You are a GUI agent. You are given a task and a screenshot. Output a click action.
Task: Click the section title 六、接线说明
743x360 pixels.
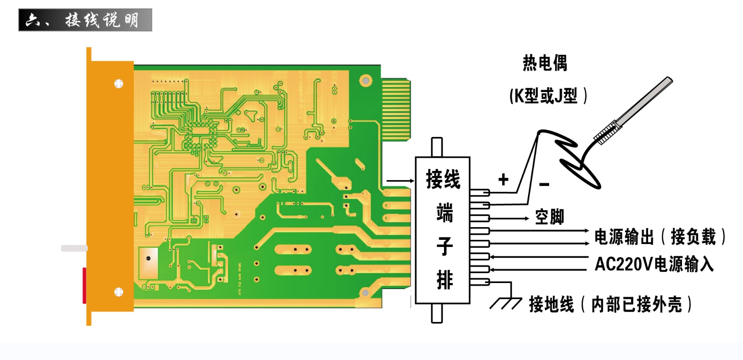(x=85, y=20)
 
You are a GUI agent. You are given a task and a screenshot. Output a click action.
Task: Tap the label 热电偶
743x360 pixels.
(x=545, y=63)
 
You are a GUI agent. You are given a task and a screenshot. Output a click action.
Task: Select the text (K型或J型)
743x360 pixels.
(x=548, y=96)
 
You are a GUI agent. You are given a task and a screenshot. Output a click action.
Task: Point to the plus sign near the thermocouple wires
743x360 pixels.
(x=504, y=179)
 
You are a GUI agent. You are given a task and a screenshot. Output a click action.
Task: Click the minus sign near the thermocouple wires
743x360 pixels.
(x=544, y=184)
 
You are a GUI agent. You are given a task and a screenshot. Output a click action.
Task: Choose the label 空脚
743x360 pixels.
(x=549, y=217)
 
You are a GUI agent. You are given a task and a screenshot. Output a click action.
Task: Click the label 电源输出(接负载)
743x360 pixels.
(x=659, y=237)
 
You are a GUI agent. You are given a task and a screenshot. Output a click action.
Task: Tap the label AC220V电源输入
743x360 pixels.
(x=654, y=264)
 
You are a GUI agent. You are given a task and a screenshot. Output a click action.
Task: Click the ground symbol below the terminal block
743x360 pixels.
(x=506, y=303)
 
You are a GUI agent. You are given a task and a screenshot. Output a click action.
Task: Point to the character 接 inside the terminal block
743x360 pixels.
(x=434, y=179)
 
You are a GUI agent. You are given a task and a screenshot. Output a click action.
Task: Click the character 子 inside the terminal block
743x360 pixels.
(x=444, y=246)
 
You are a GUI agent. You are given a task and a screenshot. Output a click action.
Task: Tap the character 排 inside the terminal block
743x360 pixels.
(x=444, y=280)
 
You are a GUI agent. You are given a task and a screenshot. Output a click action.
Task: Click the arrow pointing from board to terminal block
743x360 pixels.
(x=399, y=181)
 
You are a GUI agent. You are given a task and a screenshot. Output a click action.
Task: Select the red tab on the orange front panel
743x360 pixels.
(x=84, y=285)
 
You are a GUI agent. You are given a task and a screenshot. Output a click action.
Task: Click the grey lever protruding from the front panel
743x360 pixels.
(x=74, y=248)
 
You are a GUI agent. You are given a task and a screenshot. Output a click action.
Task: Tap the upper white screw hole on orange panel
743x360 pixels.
(x=119, y=84)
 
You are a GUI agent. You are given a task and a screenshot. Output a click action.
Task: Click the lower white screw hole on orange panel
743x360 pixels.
(x=119, y=292)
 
